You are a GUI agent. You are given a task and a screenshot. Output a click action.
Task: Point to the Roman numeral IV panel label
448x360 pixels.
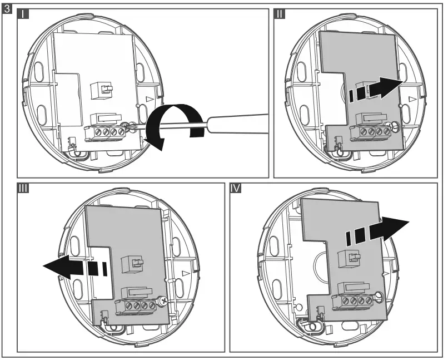coord(236,188)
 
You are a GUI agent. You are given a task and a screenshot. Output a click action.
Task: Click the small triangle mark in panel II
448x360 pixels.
coord(412,98)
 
